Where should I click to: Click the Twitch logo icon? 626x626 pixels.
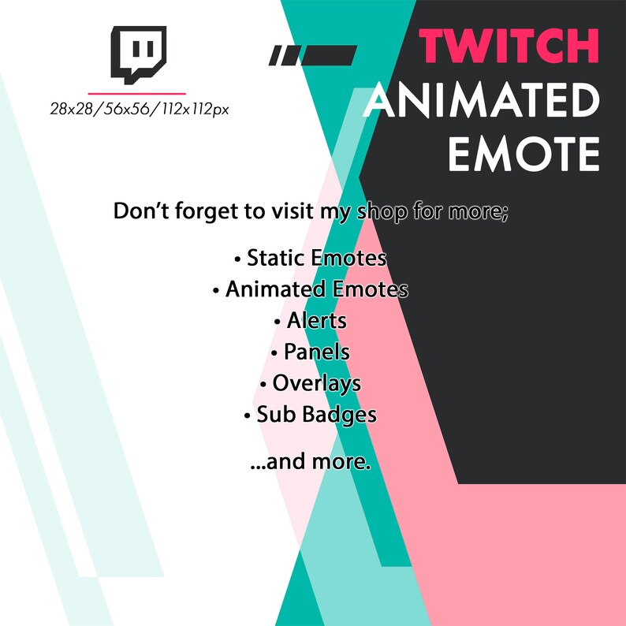139,54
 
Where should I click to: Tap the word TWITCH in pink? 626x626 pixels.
509,46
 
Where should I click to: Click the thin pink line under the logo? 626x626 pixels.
137,93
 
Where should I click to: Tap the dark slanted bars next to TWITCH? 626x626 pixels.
313,55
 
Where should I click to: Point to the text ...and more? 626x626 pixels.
310,461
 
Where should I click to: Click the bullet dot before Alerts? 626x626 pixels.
277,322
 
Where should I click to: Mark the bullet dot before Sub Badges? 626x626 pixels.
247,416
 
